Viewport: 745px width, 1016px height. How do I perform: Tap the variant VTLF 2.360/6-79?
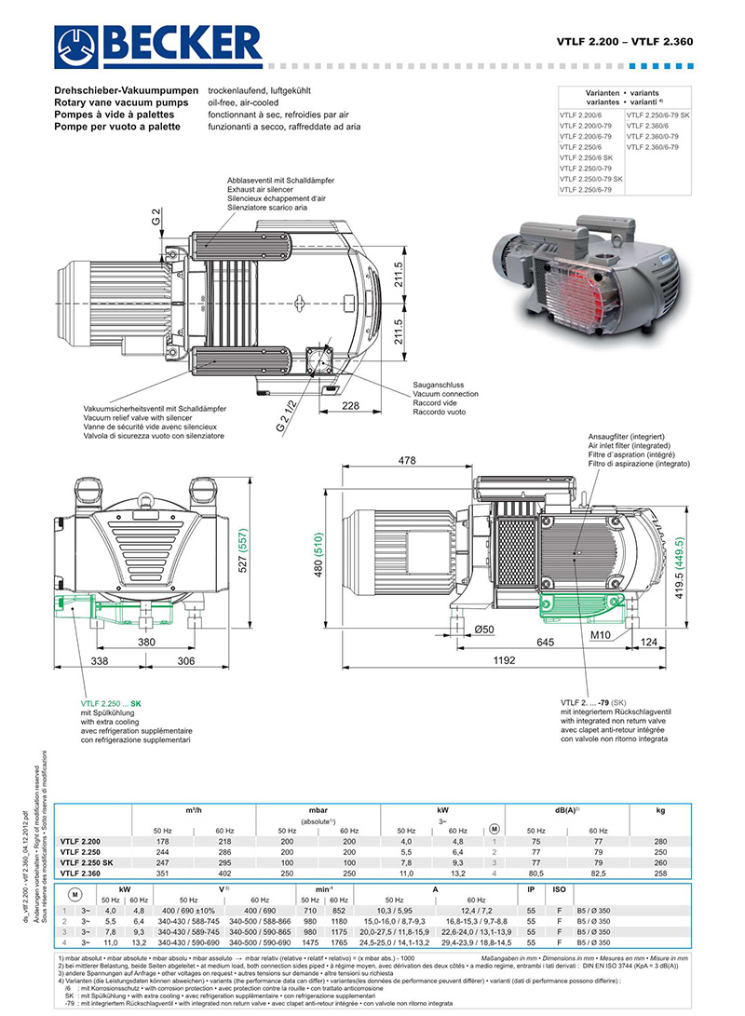click(x=653, y=147)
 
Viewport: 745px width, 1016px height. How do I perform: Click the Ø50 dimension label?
click(x=484, y=630)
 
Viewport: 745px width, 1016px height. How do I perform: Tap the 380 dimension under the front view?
click(x=146, y=643)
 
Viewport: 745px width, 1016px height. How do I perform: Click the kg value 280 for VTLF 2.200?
click(x=660, y=842)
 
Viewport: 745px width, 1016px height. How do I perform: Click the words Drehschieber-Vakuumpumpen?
click(x=127, y=90)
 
